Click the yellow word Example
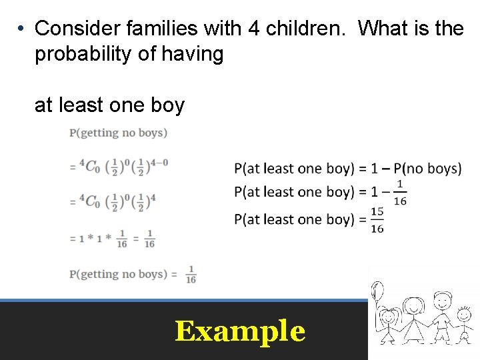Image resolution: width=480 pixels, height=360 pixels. tap(240, 331)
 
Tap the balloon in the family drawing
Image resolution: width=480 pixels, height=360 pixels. tap(377, 292)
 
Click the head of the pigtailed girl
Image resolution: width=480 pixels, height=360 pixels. tap(389, 315)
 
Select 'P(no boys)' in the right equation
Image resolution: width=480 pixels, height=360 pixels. tap(427, 168)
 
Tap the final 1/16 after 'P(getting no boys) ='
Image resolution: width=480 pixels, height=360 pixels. tap(191, 274)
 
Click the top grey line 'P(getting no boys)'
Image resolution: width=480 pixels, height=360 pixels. tap(118, 133)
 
